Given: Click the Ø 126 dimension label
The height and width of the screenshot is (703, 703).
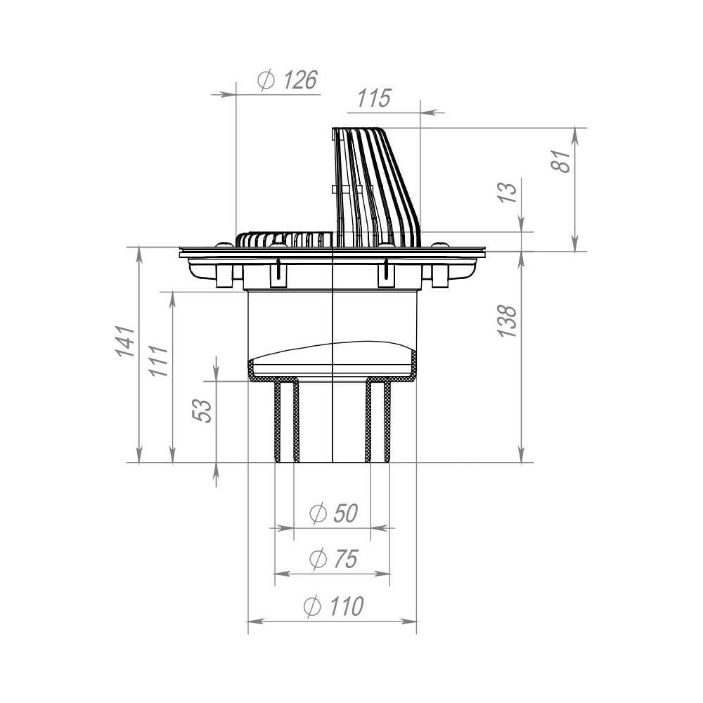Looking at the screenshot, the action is [288, 80].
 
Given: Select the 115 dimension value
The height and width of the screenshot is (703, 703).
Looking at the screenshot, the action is [375, 98].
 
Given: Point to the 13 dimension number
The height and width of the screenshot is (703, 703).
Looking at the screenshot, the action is [509, 193].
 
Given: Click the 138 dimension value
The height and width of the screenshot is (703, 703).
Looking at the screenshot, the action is [508, 321].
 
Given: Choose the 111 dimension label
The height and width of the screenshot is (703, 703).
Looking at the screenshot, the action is [159, 361].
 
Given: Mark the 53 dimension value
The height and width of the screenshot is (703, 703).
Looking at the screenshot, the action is [202, 411].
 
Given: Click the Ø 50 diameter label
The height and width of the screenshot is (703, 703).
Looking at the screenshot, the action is [333, 514].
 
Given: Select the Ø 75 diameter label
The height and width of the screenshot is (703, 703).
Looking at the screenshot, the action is [333, 559].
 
